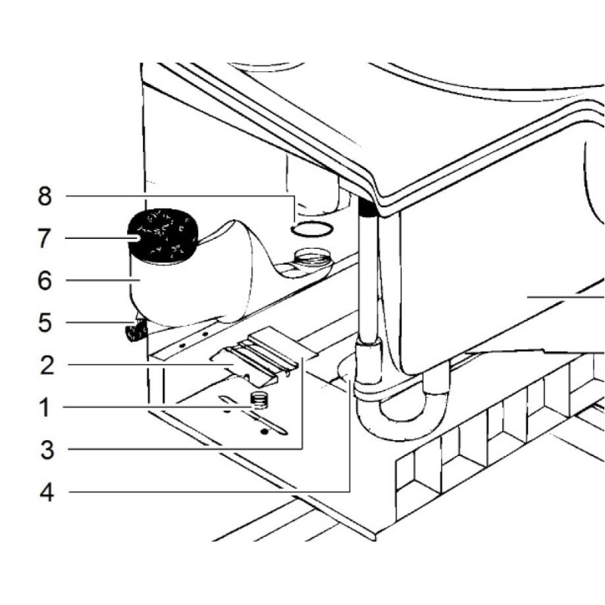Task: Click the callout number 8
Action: pyautogui.click(x=45, y=197)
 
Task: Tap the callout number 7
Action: pyautogui.click(x=45, y=239)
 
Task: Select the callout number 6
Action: pyautogui.click(x=45, y=281)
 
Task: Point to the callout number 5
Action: pyautogui.click(x=45, y=323)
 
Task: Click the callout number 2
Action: pyautogui.click(x=45, y=365)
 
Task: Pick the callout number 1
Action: pyautogui.click(x=45, y=408)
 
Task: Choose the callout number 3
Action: pyautogui.click(x=45, y=451)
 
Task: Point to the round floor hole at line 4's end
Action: pyautogui.click(x=346, y=370)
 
